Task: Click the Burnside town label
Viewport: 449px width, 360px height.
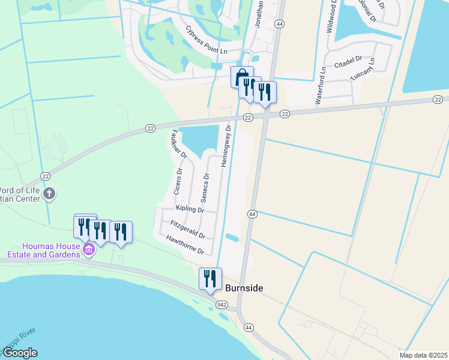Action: pyautogui.click(x=244, y=289)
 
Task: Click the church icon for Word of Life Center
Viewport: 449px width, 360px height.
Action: pyautogui.click(x=49, y=194)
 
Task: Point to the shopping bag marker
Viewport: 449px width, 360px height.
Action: pyautogui.click(x=241, y=77)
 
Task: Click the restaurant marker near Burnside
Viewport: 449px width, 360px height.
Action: pyautogui.click(x=210, y=278)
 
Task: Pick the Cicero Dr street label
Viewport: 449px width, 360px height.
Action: pyautogui.click(x=178, y=181)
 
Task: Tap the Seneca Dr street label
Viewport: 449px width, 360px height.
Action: pyautogui.click(x=205, y=188)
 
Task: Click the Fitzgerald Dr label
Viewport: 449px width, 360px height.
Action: pyautogui.click(x=188, y=229)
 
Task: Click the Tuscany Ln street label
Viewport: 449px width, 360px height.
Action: pyautogui.click(x=364, y=71)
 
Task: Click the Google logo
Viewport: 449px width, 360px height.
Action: pyautogui.click(x=19, y=353)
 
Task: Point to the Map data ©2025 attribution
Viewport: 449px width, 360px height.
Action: pyautogui.click(x=423, y=355)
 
